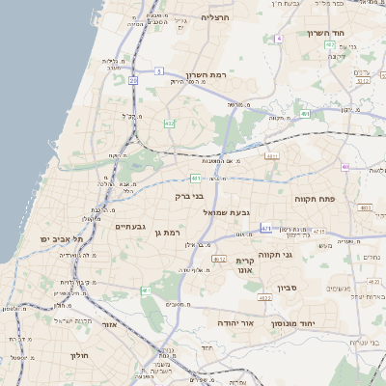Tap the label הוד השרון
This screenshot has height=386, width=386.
(326, 33)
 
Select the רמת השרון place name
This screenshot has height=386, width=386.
(205, 75)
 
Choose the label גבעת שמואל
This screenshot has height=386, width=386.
(228, 211)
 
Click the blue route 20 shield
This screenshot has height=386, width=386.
(132, 81)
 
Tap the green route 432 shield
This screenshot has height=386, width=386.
(170, 123)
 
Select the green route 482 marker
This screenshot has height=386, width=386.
(330, 44)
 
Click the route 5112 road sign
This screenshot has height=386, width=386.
(362, 81)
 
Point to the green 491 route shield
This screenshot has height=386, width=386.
(305, 114)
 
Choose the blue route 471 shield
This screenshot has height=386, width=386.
(266, 228)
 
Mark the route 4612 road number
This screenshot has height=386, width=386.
(219, 259)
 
